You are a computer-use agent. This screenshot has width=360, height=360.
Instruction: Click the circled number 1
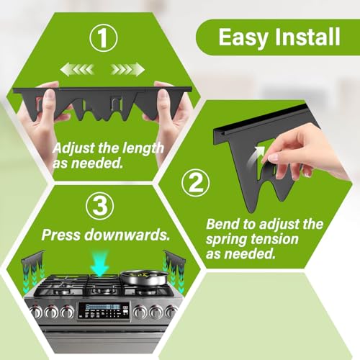[x=104, y=38]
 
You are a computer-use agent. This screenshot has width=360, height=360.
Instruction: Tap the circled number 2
[x=195, y=183]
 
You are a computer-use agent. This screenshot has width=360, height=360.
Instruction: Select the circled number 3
[x=99, y=206]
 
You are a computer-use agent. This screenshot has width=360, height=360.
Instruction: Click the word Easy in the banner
[x=243, y=37]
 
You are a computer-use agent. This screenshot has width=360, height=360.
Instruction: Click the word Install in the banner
[x=307, y=37]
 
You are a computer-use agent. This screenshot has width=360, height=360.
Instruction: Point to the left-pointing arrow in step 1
[x=77, y=70]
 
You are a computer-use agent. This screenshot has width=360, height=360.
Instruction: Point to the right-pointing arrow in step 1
[x=127, y=69]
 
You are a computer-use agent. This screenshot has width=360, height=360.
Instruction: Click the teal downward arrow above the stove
[x=100, y=264]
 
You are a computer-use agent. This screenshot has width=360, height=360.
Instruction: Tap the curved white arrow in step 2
[x=256, y=156]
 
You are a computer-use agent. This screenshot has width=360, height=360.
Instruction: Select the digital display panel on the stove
[x=104, y=311]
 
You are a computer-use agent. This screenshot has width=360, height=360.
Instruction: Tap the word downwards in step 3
[x=127, y=235]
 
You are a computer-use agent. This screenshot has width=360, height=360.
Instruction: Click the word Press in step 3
[x=61, y=235]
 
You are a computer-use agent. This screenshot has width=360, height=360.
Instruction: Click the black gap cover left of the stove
[x=33, y=264]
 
